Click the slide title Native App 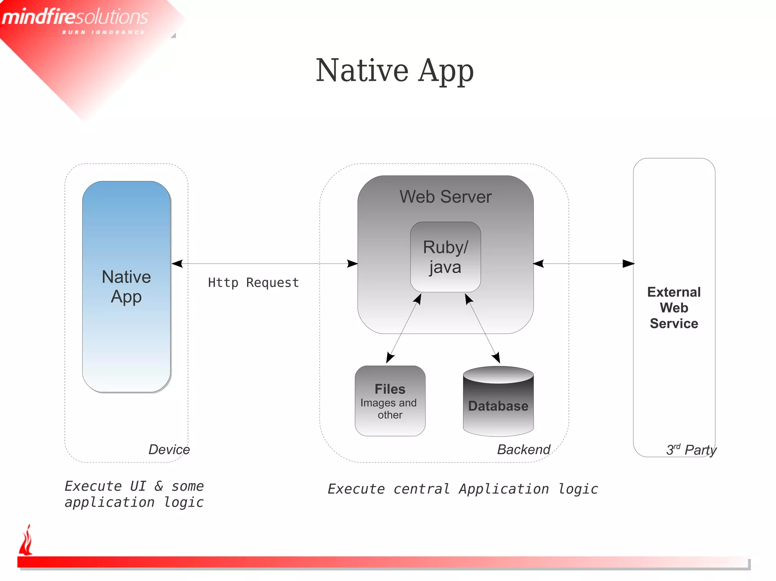pos(394,71)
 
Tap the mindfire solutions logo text pos(75,17)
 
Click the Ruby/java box pos(445,257)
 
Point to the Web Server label pos(445,197)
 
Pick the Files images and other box pos(390,401)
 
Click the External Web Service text pos(674,308)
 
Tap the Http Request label pos(253,283)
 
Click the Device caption pos(169,449)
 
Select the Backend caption pos(524,449)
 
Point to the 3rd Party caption pos(691,450)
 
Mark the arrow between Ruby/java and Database pos(482,328)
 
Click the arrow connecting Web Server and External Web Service pos(584,263)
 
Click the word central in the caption pos(421,489)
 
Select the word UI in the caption pos(138,486)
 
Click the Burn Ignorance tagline pos(103,33)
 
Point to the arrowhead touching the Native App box pos(177,263)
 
